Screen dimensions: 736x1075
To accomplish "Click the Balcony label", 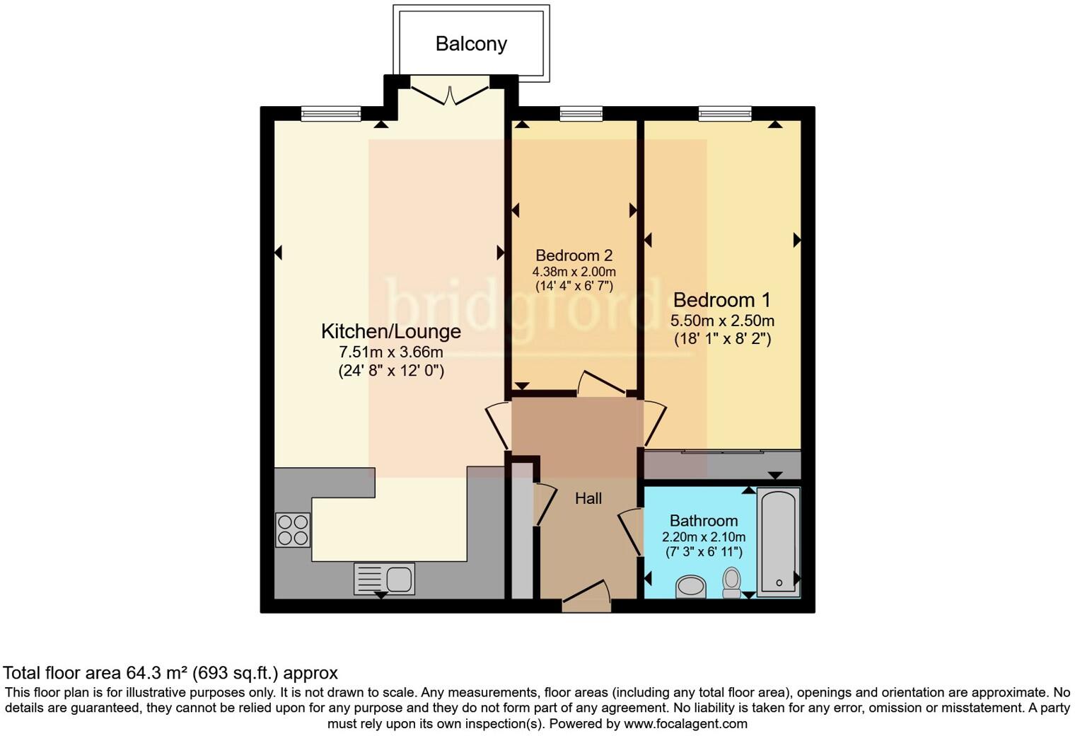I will (471, 44).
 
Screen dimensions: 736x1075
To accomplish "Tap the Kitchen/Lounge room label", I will (390, 331).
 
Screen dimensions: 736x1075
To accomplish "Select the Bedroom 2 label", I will (574, 255).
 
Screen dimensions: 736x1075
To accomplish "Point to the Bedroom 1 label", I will (721, 300).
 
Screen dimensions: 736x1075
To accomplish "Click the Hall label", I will (588, 498).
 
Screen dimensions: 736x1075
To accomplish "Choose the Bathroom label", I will (703, 521).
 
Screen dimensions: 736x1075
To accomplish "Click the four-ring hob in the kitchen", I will (293, 530).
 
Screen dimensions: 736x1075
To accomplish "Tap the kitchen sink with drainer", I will (384, 579).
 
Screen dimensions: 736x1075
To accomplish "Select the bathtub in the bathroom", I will (778, 541).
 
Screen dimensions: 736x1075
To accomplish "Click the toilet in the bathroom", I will (731, 582).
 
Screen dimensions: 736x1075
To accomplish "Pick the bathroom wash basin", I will (691, 587).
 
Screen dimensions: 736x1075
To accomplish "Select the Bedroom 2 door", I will (600, 383).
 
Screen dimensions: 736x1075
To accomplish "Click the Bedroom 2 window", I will (581, 113).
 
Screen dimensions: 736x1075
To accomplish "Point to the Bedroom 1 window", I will (725, 113).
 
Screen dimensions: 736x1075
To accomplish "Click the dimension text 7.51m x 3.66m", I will (391, 352).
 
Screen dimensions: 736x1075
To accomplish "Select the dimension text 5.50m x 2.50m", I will (722, 321).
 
